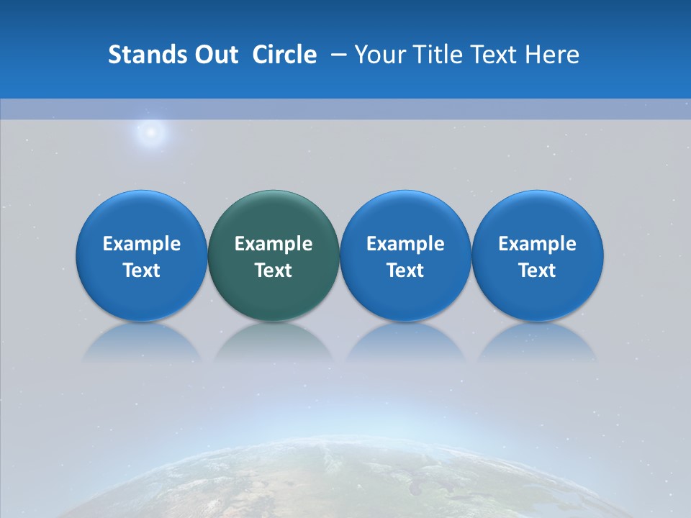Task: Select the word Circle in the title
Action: click(284, 55)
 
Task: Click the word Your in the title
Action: click(380, 55)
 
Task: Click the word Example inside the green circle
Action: click(274, 244)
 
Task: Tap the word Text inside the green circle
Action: click(274, 271)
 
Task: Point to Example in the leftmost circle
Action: click(142, 244)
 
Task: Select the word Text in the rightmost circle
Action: click(537, 271)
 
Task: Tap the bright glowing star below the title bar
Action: click(151, 132)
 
